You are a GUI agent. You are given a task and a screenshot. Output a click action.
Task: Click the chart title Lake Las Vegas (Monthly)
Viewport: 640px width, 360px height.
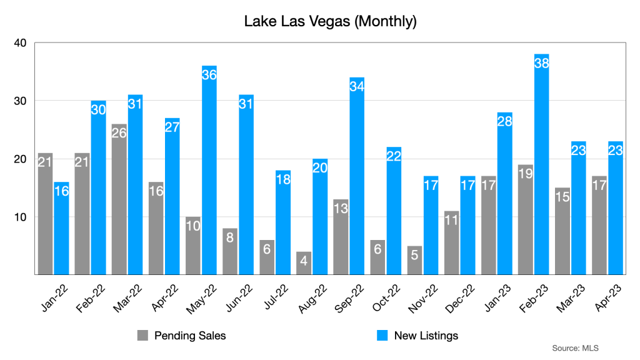(330, 22)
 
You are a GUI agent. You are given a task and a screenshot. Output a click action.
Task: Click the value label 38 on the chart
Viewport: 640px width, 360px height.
(542, 63)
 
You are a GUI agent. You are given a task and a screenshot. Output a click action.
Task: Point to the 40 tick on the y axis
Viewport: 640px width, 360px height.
(21, 43)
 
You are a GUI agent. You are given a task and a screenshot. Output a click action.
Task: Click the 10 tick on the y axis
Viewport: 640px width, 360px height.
(21, 217)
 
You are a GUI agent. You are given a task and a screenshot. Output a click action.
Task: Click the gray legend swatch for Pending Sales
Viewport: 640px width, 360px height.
(143, 336)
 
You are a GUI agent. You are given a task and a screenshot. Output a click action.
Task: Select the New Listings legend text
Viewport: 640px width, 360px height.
(426, 336)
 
